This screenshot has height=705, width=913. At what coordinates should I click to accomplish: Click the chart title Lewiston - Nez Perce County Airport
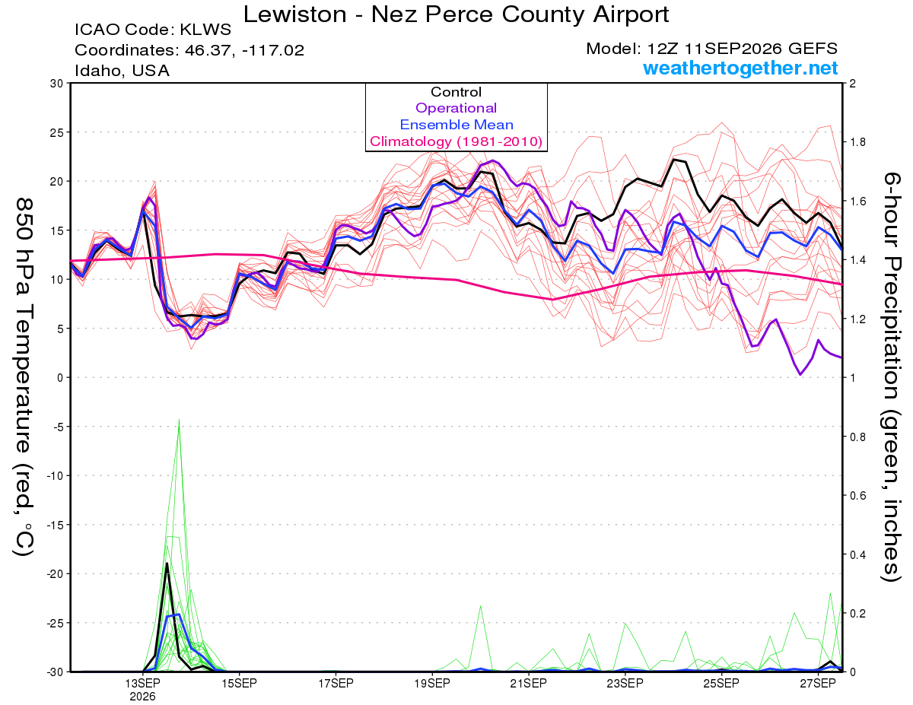[456, 14]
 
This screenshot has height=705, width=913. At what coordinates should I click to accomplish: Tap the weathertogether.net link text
[740, 68]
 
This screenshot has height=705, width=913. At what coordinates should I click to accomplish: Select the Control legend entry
[456, 92]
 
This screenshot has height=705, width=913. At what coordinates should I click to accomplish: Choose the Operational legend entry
[456, 108]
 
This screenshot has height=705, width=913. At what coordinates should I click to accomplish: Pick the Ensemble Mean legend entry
[456, 125]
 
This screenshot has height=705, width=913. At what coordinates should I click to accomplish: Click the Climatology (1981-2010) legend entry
[456, 141]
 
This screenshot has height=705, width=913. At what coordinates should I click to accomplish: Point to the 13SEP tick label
[142, 683]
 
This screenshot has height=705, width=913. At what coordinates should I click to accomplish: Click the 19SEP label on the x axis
[432, 683]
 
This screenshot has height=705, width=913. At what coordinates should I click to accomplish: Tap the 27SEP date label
[818, 683]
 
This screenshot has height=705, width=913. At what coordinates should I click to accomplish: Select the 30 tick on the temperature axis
[57, 84]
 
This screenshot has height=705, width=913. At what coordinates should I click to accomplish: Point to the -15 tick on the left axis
[54, 525]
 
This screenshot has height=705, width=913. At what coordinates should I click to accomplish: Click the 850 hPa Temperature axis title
[24, 376]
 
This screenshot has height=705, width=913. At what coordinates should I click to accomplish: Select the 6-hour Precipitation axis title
[892, 376]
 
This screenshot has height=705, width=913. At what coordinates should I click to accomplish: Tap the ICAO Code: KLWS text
[153, 30]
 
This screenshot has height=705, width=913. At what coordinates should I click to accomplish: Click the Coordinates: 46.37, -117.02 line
[189, 50]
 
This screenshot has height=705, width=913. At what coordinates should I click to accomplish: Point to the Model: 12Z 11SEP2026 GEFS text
[711, 49]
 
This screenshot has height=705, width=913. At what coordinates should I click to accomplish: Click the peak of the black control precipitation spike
[167, 564]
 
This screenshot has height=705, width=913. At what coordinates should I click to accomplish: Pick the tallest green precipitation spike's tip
[179, 420]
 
